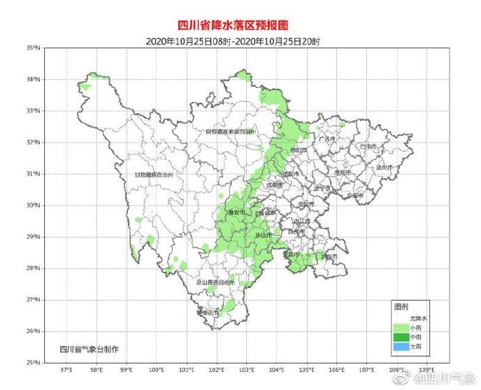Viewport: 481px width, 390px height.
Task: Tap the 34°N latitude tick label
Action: click(34, 79)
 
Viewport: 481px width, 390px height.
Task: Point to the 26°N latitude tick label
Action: click(34, 331)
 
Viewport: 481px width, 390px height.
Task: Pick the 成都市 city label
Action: click(275, 185)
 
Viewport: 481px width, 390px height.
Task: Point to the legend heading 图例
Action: click(401, 307)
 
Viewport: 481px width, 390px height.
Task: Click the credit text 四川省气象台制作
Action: click(88, 348)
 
